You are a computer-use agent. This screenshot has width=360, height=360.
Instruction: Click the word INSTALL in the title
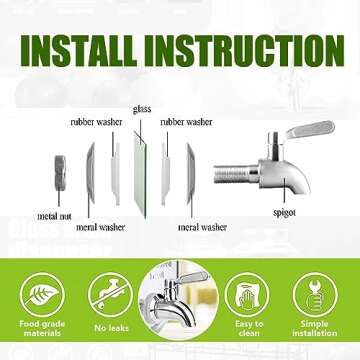point(79,50)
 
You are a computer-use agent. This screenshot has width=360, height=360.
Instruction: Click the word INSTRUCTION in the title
point(244,50)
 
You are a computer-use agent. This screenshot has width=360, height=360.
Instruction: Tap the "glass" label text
point(142,109)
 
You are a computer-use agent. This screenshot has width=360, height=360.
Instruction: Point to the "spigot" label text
point(284,212)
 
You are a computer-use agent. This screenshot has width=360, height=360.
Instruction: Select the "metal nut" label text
point(54,216)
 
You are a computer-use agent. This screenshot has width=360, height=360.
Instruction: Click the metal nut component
point(60,173)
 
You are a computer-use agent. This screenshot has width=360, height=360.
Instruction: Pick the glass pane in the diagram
point(140,175)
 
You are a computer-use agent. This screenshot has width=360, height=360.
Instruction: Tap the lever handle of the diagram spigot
point(310,129)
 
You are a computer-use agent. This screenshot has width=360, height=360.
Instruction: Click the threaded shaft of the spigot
point(235,174)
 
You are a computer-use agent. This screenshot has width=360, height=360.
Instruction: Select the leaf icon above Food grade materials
point(42,295)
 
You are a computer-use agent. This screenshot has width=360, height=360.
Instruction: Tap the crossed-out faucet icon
point(110,295)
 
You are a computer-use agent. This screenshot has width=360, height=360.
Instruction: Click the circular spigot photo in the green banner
point(178,300)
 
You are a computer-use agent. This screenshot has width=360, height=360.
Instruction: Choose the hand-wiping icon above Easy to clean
point(247,295)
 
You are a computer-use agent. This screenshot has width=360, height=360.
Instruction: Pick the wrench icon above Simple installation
point(315,295)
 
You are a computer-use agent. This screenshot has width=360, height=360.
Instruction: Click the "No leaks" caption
point(111,328)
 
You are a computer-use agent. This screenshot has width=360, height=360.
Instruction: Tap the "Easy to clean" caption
point(249,328)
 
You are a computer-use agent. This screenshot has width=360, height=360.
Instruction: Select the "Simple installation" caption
point(315,328)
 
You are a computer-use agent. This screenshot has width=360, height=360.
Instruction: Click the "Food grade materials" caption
point(42,328)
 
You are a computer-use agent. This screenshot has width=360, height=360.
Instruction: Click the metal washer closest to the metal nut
point(90,173)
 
